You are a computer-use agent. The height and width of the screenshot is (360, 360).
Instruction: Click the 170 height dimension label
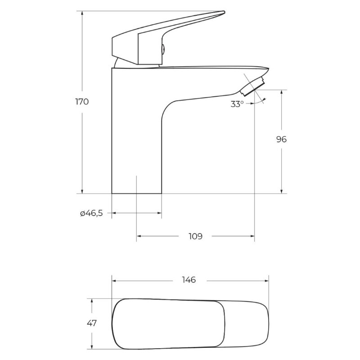click(x=82, y=102)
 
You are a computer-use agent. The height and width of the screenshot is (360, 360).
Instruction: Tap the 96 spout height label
click(x=281, y=139)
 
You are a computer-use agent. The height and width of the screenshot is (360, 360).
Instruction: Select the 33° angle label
click(x=237, y=104)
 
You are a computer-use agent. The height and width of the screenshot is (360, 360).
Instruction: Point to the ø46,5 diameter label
click(x=91, y=213)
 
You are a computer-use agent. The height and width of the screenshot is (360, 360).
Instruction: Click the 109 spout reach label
click(x=195, y=236)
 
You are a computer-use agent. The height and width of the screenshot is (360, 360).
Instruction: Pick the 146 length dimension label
click(x=189, y=280)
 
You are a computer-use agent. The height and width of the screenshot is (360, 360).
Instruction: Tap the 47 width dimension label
click(x=92, y=323)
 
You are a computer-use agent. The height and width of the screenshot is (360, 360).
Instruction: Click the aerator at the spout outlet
click(x=252, y=86)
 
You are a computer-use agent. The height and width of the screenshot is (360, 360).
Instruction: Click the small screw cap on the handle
click(x=163, y=49)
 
